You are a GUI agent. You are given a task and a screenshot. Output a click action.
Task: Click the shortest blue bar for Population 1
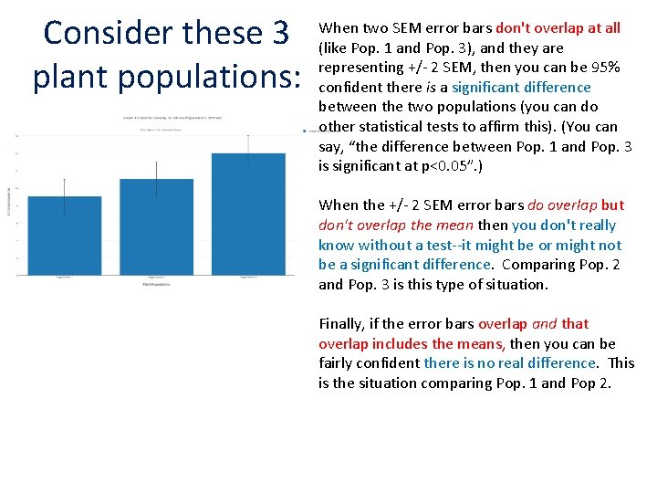pyautogui.click(x=64, y=235)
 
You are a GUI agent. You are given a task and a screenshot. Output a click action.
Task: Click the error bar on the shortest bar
pyautogui.click(x=64, y=194)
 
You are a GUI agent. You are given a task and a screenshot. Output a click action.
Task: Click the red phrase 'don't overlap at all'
pyautogui.click(x=558, y=28)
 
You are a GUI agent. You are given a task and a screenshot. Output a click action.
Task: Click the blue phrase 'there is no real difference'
pyautogui.click(x=508, y=363)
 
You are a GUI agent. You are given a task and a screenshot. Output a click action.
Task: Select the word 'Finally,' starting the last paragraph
pyautogui.click(x=344, y=324)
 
